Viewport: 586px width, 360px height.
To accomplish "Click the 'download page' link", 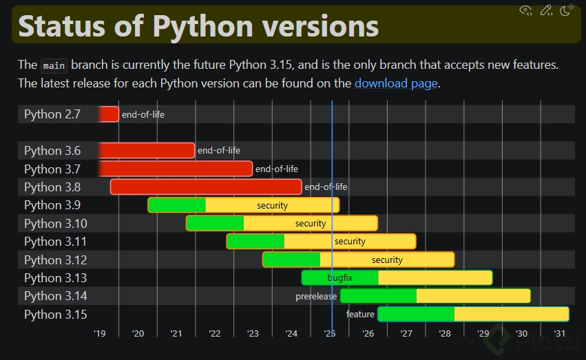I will coord(395,83).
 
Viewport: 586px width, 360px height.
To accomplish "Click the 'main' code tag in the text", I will coord(54,66).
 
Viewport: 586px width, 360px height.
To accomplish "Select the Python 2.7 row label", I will coord(52,114).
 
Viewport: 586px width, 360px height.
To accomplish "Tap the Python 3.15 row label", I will coord(56,314).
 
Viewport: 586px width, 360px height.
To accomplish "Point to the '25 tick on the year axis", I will coord(329,334).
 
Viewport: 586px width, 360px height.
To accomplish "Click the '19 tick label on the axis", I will coord(100,334).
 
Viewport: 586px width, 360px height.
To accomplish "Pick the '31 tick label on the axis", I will coord(559,334).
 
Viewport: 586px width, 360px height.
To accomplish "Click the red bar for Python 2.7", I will coord(109,114).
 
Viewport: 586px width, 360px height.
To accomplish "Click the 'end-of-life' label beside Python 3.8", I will coord(326,187).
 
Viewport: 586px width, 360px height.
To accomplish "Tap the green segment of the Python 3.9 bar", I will coord(177,205).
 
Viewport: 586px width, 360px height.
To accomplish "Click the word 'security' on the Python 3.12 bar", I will coord(387,260).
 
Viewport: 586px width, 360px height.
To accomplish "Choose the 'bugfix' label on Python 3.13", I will coord(340,277).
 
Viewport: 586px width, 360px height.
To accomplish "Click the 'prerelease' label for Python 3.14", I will coord(316,296).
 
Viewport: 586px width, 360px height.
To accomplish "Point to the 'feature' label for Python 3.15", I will coord(360,314).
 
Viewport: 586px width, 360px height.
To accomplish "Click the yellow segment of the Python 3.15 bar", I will coord(511,314).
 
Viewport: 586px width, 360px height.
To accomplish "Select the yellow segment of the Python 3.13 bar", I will coord(435,277).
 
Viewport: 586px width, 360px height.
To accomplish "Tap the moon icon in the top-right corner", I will coord(567,10).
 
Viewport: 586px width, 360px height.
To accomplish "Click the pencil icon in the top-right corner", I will coord(546,10).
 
